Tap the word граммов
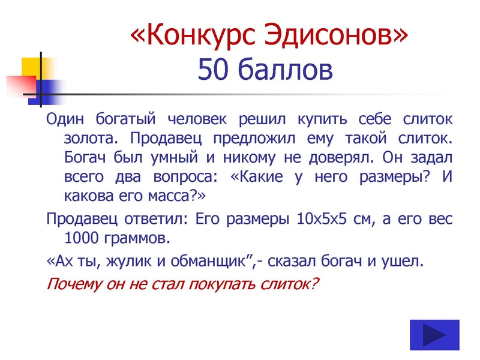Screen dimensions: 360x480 pos(137,238)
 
